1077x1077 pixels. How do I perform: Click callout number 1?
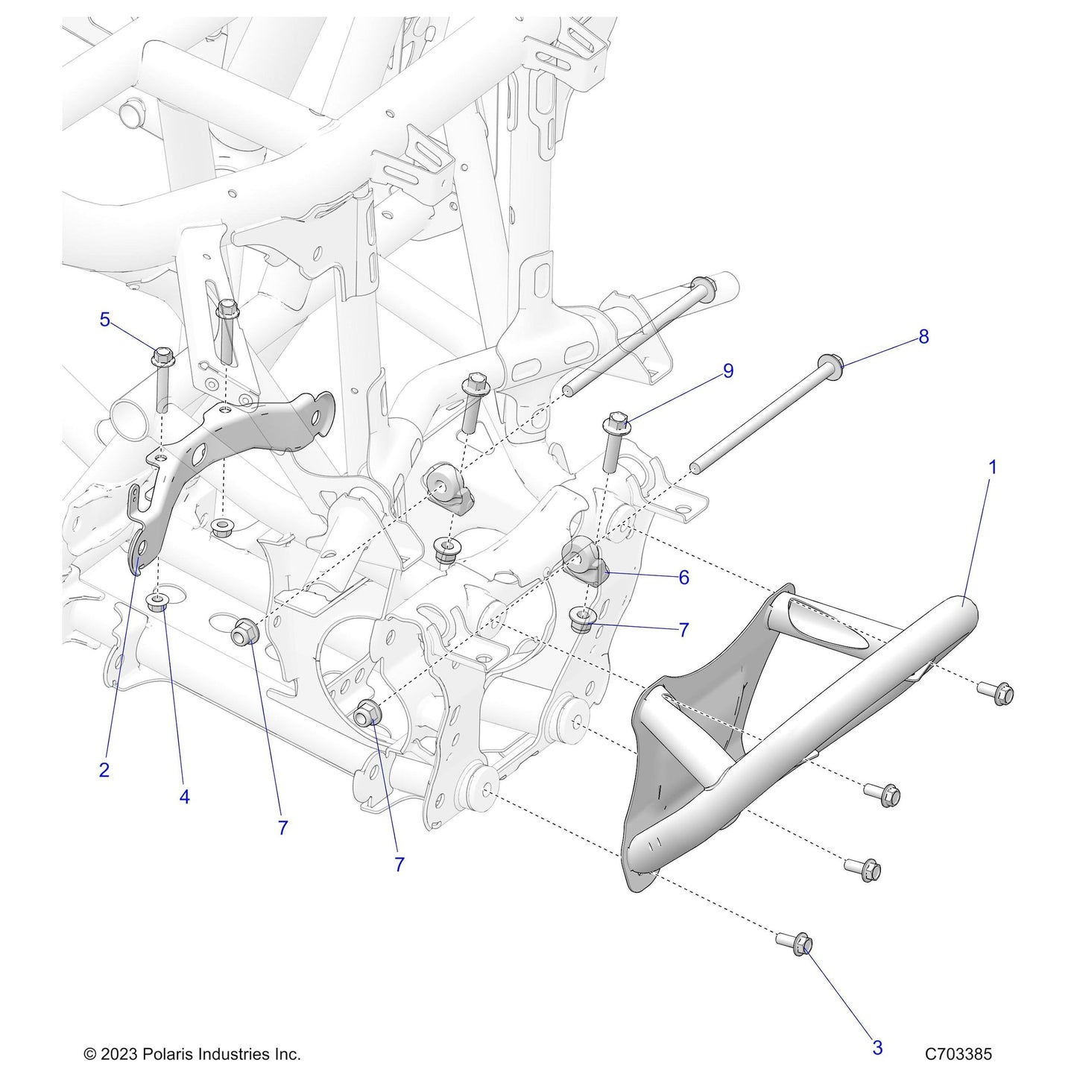[992, 467]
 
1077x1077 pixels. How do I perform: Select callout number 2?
[104, 770]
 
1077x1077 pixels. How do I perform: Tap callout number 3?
[877, 1047]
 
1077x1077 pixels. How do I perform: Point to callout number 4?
[184, 797]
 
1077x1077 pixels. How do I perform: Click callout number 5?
[104, 320]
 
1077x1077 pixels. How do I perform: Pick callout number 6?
[683, 577]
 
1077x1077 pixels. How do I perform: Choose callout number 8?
[923, 337]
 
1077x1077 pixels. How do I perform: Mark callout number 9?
[728, 370]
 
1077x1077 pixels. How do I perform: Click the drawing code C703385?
[958, 1054]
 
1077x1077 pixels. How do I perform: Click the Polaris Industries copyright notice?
[192, 1054]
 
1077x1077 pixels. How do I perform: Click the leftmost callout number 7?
[282, 827]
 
